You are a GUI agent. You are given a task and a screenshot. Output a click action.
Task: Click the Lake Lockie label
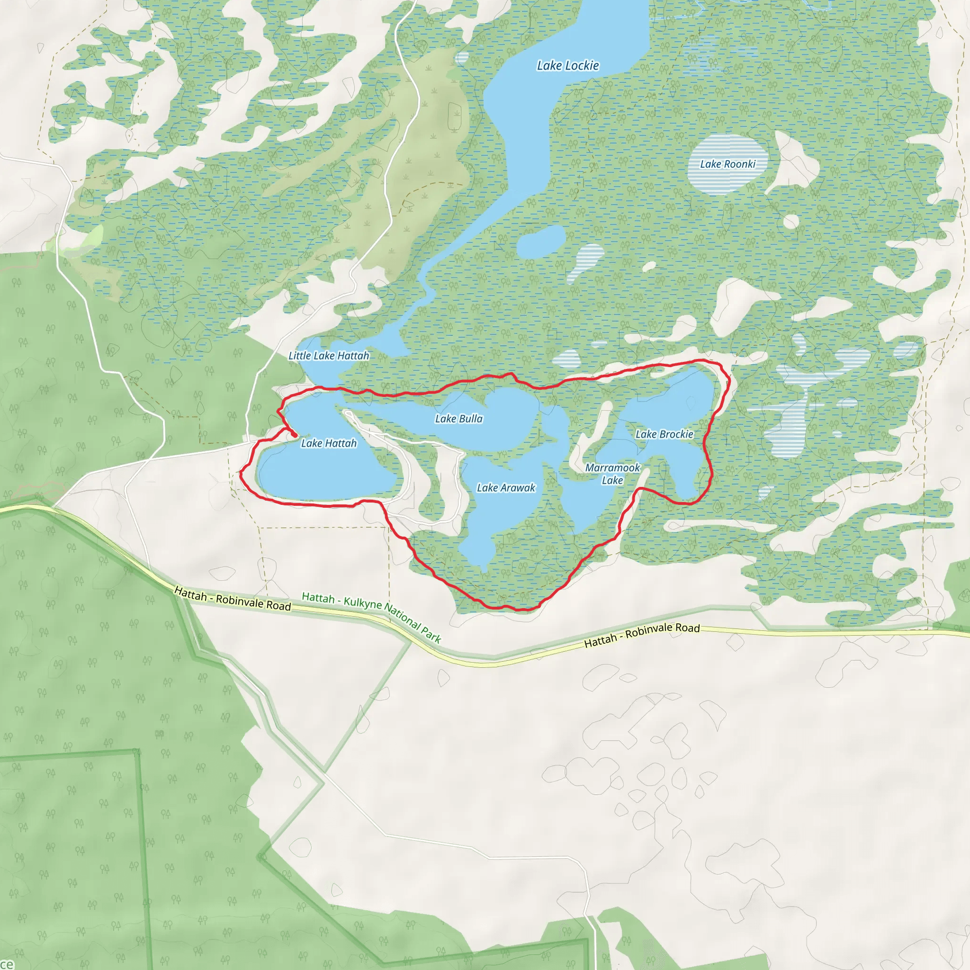[x=568, y=66]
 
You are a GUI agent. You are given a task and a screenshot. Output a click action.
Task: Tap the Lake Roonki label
[x=727, y=164]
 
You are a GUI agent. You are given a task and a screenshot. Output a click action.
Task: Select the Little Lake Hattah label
[x=328, y=356]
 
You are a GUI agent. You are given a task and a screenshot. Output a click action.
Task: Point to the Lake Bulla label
[x=459, y=419]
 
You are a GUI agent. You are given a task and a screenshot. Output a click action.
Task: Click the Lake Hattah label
[x=329, y=443]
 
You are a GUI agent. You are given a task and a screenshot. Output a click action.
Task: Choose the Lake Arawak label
[x=506, y=488]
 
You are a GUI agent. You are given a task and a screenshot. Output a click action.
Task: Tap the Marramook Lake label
[x=612, y=474]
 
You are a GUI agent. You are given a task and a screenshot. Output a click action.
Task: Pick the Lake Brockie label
[x=664, y=434]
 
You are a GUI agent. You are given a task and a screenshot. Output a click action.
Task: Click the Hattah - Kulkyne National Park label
[x=371, y=617]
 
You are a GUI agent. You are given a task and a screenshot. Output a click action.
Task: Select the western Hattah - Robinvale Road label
[x=233, y=599]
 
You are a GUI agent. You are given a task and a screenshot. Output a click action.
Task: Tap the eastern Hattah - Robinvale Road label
[x=642, y=635]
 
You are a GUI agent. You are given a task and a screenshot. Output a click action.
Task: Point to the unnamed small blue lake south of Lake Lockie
[x=541, y=242]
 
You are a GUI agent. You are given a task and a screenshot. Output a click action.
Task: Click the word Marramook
[x=612, y=468]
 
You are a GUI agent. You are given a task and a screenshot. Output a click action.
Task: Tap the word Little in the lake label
[x=300, y=356]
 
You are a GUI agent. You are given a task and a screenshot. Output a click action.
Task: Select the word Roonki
[x=740, y=164]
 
